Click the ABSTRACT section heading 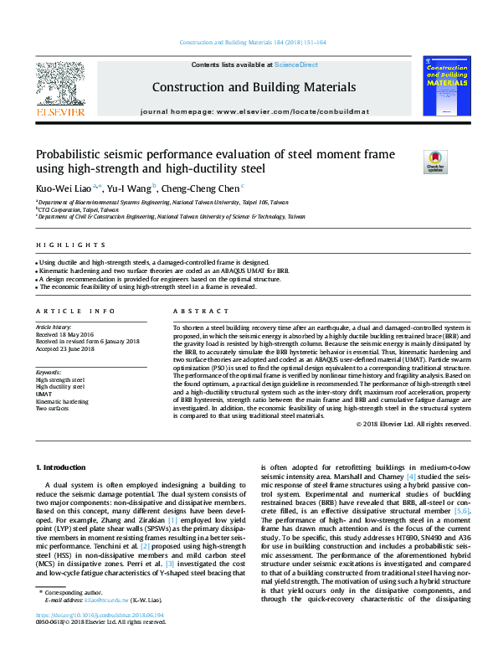[x=194, y=310]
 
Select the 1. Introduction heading [x=64, y=466]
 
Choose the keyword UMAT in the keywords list [x=44, y=393]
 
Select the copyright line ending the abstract [x=413, y=424]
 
